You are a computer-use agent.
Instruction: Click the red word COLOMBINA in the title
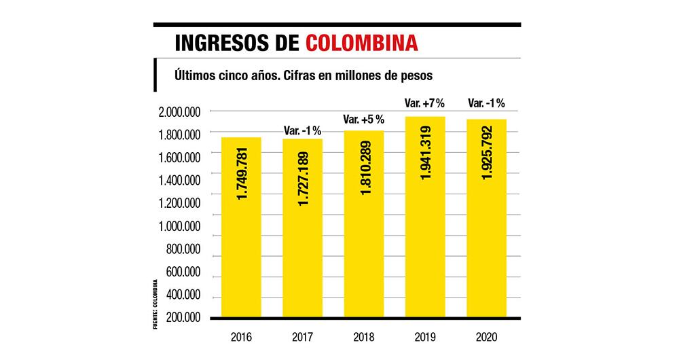pyautogui.click(x=362, y=43)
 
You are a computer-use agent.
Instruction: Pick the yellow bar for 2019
pyautogui.click(x=425, y=217)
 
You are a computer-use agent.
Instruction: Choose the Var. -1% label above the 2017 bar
pyautogui.click(x=303, y=130)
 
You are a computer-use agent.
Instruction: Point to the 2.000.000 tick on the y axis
pyautogui.click(x=179, y=112)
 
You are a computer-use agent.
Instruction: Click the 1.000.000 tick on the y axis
pyautogui.click(x=179, y=226)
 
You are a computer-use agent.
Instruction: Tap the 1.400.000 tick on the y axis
pyautogui.click(x=179, y=181)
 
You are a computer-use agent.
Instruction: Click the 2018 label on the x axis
pyautogui.click(x=365, y=336)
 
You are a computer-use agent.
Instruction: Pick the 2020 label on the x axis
pyautogui.click(x=486, y=336)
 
